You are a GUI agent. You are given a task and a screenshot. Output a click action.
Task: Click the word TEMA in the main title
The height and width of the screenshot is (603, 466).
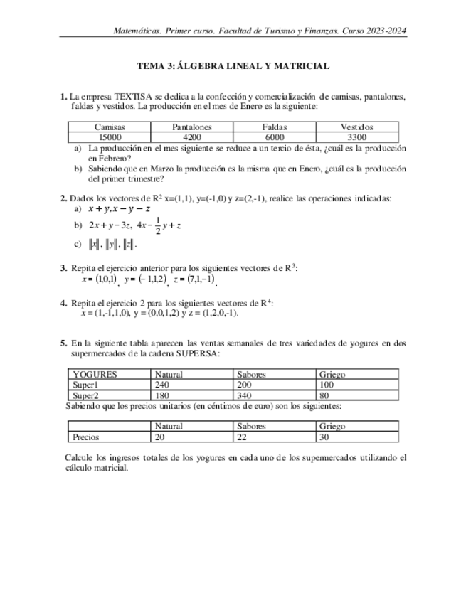tap(149, 66)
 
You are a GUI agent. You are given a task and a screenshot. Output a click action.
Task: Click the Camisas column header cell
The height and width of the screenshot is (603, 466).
tap(110, 127)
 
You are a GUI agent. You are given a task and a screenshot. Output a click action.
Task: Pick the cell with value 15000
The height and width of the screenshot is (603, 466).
tap(110, 137)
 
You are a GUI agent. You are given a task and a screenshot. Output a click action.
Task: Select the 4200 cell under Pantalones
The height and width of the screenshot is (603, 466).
tap(192, 137)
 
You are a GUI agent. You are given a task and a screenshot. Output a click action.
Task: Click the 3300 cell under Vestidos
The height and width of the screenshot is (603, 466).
tap(357, 137)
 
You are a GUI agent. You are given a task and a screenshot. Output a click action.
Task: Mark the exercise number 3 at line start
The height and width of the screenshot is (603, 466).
tap(63, 268)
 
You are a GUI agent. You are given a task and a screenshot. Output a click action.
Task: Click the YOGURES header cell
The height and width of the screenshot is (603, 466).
tap(95, 374)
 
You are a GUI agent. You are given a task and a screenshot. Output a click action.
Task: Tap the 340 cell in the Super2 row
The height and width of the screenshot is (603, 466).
tap(245, 395)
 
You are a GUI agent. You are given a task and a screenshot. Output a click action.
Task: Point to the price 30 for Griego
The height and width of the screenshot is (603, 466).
tap(324, 437)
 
